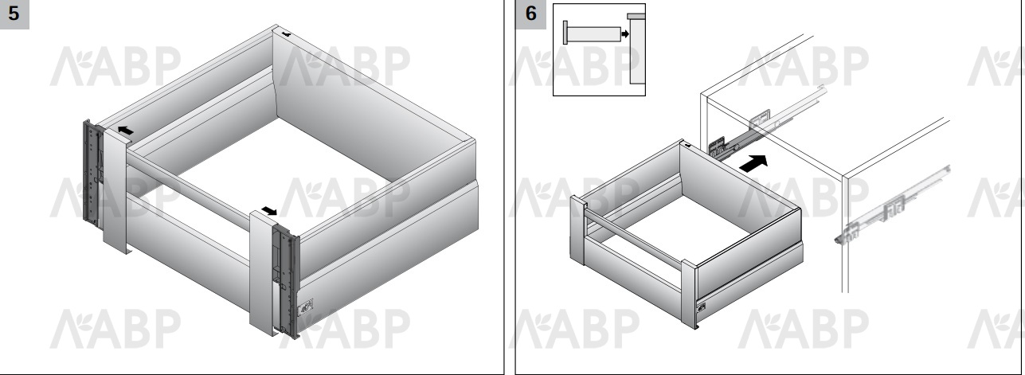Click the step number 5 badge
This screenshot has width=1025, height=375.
(14, 14)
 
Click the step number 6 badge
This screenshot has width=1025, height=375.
(530, 14)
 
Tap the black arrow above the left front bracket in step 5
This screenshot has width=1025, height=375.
(125, 131)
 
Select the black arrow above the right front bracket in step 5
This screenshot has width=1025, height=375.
(269, 210)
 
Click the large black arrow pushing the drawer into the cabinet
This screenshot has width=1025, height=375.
(753, 163)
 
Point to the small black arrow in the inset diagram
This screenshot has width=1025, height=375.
(625, 34)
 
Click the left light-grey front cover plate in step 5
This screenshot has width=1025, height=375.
(115, 191)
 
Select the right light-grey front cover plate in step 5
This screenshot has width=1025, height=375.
(262, 273)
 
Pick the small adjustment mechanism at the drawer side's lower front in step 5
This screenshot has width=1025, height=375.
(305, 307)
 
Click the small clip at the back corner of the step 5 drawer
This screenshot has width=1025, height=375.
(286, 34)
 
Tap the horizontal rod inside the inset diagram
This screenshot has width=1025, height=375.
(594, 34)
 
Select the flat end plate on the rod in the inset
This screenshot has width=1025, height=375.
(565, 33)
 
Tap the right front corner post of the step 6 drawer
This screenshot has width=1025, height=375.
(689, 294)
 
